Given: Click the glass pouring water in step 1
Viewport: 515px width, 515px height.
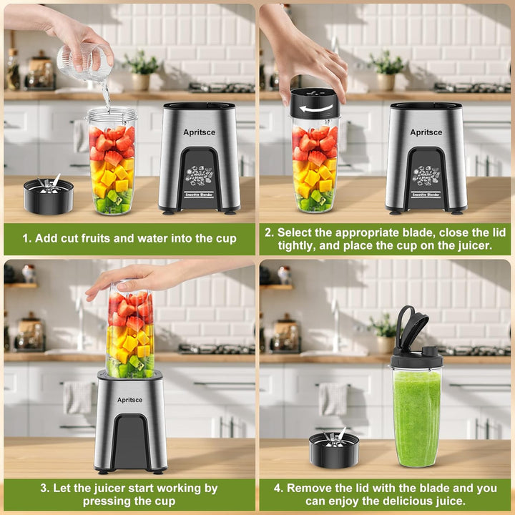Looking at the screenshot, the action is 84,62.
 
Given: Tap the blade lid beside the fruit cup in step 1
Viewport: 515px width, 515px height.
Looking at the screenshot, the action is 49,195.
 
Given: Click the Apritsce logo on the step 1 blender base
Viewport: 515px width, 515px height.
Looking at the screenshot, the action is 199,132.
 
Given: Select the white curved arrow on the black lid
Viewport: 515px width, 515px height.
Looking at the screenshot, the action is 316,109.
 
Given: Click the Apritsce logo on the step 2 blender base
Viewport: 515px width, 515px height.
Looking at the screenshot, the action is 426,132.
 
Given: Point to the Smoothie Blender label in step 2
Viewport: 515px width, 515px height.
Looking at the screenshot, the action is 426,195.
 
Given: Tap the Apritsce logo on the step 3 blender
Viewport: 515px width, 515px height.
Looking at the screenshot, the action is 129,400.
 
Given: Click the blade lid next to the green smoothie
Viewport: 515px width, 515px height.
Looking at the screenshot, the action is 334,448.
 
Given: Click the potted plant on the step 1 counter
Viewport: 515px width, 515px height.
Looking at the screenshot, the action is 141,70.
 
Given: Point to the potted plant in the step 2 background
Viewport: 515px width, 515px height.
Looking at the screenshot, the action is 386,70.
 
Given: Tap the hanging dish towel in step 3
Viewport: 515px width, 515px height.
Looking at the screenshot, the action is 78,398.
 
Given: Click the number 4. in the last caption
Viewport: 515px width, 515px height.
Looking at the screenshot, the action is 278,488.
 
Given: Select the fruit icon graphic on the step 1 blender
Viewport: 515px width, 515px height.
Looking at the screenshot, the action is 199,176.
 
